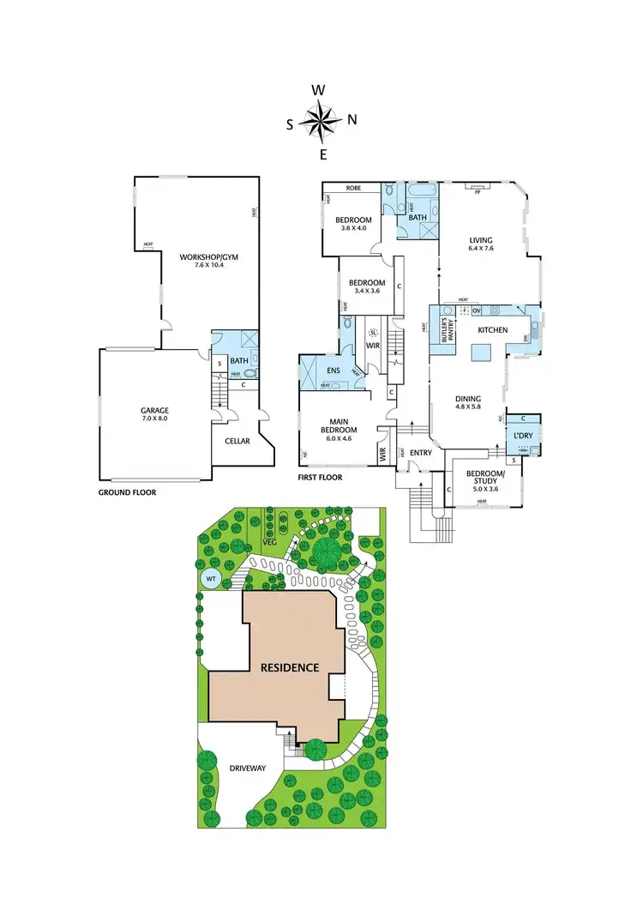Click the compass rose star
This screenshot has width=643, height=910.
coord(321,121)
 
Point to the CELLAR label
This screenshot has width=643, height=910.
coord(237,441)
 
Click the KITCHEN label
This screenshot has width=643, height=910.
coord(493,330)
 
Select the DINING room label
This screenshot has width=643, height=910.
coord(468,399)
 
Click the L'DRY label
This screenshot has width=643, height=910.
coord(523,436)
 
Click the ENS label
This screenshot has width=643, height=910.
coord(333,371)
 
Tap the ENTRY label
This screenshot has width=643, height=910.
coord(421,453)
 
